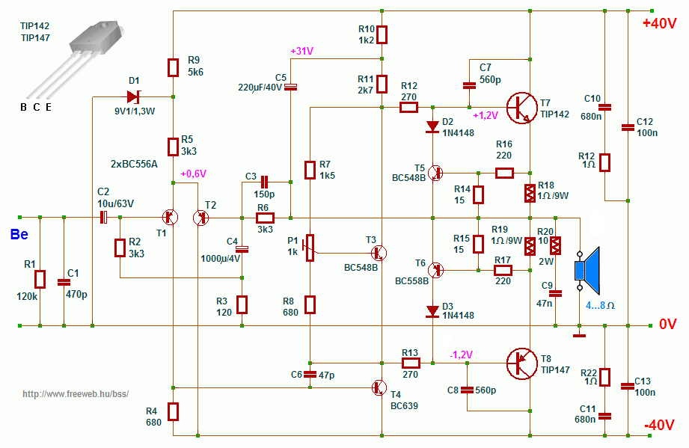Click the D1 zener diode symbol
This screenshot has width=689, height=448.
click(x=134, y=96)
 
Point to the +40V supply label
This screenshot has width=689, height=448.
click(x=659, y=23)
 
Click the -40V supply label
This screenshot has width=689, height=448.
click(x=659, y=426)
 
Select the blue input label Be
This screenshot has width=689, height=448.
click(x=19, y=235)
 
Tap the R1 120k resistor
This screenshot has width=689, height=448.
click(x=40, y=280)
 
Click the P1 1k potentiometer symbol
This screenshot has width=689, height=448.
click(x=309, y=245)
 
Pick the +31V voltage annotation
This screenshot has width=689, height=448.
click(x=301, y=51)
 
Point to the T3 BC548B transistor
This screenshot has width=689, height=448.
click(x=381, y=252)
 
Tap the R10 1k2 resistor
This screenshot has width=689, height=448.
click(x=382, y=34)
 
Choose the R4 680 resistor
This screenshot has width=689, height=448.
click(x=173, y=411)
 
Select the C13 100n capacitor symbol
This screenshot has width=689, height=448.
click(x=627, y=386)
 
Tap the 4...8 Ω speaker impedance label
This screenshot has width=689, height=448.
click(x=600, y=305)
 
